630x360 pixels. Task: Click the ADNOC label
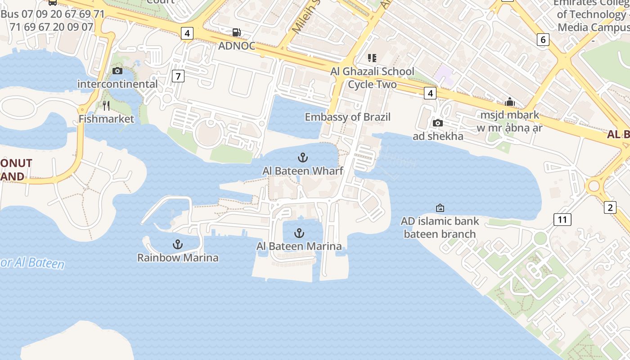(237, 46)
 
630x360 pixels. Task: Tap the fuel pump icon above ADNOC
(236, 32)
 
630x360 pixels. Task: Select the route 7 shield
(178, 76)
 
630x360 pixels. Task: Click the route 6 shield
(543, 40)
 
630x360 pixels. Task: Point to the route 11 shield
(562, 220)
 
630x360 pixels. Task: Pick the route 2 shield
(610, 207)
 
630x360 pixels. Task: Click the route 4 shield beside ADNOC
(187, 33)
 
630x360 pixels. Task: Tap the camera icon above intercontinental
(117, 71)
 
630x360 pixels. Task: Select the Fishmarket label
(106, 119)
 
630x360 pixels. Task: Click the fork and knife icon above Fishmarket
(106, 106)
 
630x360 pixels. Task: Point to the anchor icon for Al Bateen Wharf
(303, 157)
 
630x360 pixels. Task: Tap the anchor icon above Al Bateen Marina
(299, 233)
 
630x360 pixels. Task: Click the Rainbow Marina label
(178, 258)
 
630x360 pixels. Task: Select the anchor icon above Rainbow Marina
(178, 245)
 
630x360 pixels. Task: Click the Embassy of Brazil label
(347, 117)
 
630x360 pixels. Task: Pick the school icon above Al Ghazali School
(372, 58)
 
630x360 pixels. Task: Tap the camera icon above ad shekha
(437, 123)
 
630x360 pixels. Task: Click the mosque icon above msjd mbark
(509, 102)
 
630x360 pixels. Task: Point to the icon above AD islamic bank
(440, 208)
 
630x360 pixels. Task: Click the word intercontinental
(117, 84)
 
